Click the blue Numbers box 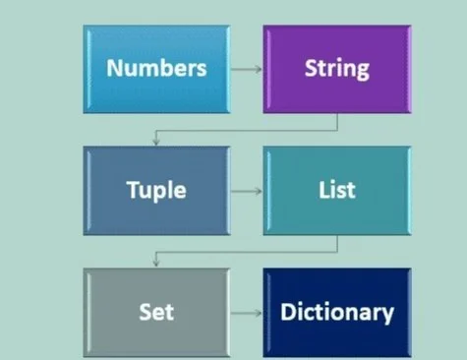click(157, 69)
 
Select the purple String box click(337, 69)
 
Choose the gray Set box click(157, 312)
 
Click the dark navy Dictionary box click(337, 312)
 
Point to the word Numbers click(156, 69)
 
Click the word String click(337, 70)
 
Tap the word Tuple click(157, 189)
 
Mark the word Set click(157, 312)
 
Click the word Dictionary click(337, 313)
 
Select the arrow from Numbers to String click(247, 69)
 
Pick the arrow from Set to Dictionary click(247, 312)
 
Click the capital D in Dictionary click(287, 312)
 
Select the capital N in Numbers click(113, 69)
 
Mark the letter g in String click(363, 72)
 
